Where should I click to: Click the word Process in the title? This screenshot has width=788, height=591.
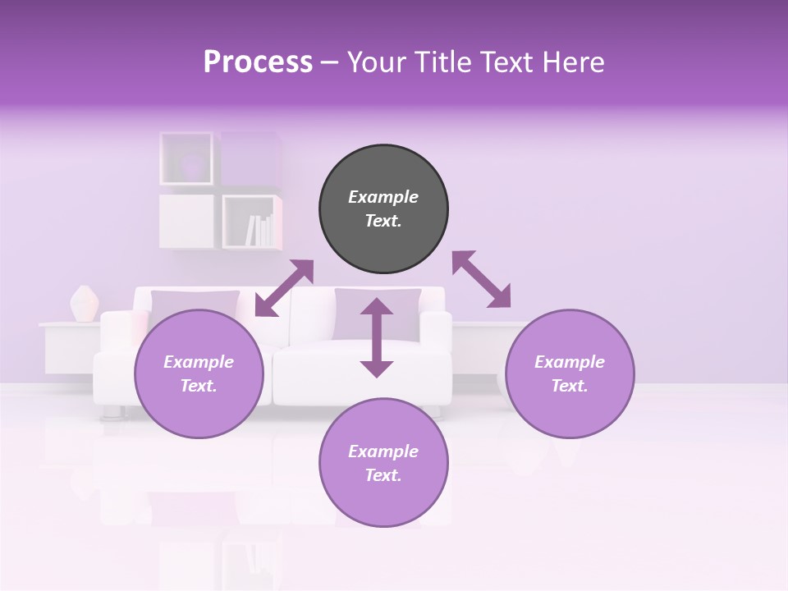click(258, 62)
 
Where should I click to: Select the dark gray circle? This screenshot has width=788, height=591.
click(383, 209)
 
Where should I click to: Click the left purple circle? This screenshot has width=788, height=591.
click(199, 373)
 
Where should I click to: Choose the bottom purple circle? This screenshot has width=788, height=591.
click(383, 463)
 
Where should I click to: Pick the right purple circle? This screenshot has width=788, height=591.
click(570, 373)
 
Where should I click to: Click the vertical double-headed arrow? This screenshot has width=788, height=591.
click(377, 337)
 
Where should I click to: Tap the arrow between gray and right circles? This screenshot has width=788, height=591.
click(482, 279)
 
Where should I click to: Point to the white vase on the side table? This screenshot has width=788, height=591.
click(84, 304)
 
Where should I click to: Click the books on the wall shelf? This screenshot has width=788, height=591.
click(260, 230)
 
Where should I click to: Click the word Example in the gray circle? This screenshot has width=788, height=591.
click(383, 197)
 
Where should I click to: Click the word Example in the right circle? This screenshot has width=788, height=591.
click(570, 362)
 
